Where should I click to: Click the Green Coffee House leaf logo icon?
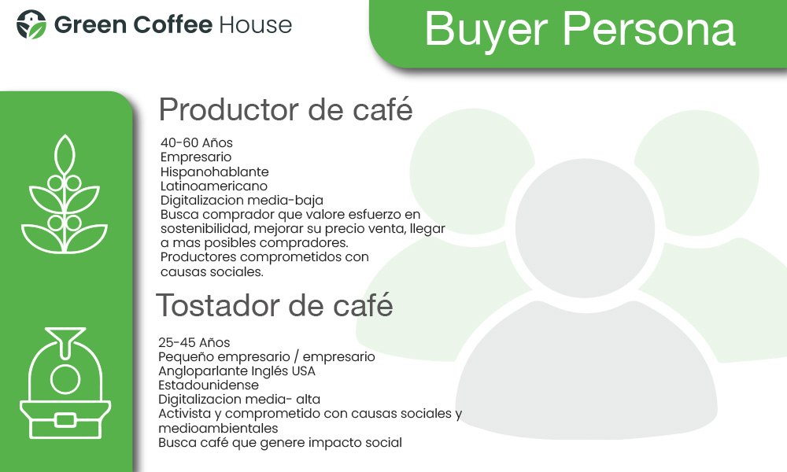(x=31, y=24)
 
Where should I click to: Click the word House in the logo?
(x=256, y=25)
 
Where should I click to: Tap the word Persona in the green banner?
(x=649, y=29)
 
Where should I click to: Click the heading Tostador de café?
(x=275, y=305)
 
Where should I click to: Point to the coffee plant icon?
(x=65, y=194)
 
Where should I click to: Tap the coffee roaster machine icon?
(x=65, y=383)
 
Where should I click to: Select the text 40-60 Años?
(x=197, y=143)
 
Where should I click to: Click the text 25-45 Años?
(x=194, y=342)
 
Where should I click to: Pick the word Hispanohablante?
(x=215, y=172)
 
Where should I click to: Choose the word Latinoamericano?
(x=214, y=186)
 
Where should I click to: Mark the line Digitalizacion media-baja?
(x=242, y=201)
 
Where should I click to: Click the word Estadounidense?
(x=209, y=385)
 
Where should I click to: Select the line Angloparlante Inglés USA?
(x=237, y=371)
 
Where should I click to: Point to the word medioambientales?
(x=218, y=429)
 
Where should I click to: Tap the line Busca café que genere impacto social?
(x=280, y=443)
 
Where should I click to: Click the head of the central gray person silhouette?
(x=586, y=228)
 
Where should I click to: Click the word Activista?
(x=185, y=414)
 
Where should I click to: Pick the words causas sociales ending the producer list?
(x=212, y=272)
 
